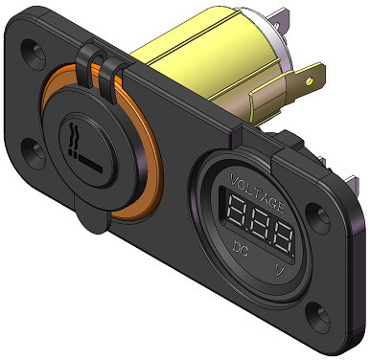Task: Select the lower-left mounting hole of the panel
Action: [31, 148]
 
